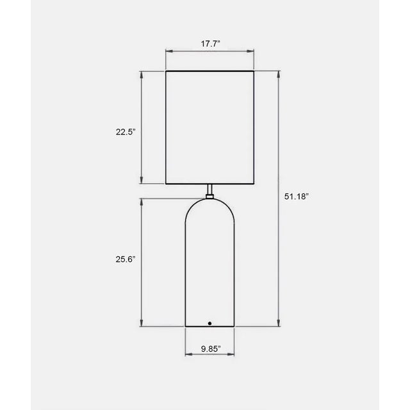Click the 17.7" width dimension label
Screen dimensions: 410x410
tap(211, 44)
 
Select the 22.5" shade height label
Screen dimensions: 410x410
tap(126, 132)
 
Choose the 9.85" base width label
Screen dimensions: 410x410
tap(210, 349)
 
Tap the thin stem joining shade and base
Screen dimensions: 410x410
tap(210, 190)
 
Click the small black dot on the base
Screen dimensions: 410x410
tap(210, 324)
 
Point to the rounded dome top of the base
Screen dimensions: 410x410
tap(210, 208)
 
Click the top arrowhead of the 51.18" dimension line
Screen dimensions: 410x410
tap(278, 72)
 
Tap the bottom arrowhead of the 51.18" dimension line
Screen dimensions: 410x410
tap(278, 325)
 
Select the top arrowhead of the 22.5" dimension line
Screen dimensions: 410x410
tap(142, 72)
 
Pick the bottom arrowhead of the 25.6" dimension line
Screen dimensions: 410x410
tap(142, 325)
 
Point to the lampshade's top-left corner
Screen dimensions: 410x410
tap(166, 70)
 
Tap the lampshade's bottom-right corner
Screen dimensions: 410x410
tap(255, 184)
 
